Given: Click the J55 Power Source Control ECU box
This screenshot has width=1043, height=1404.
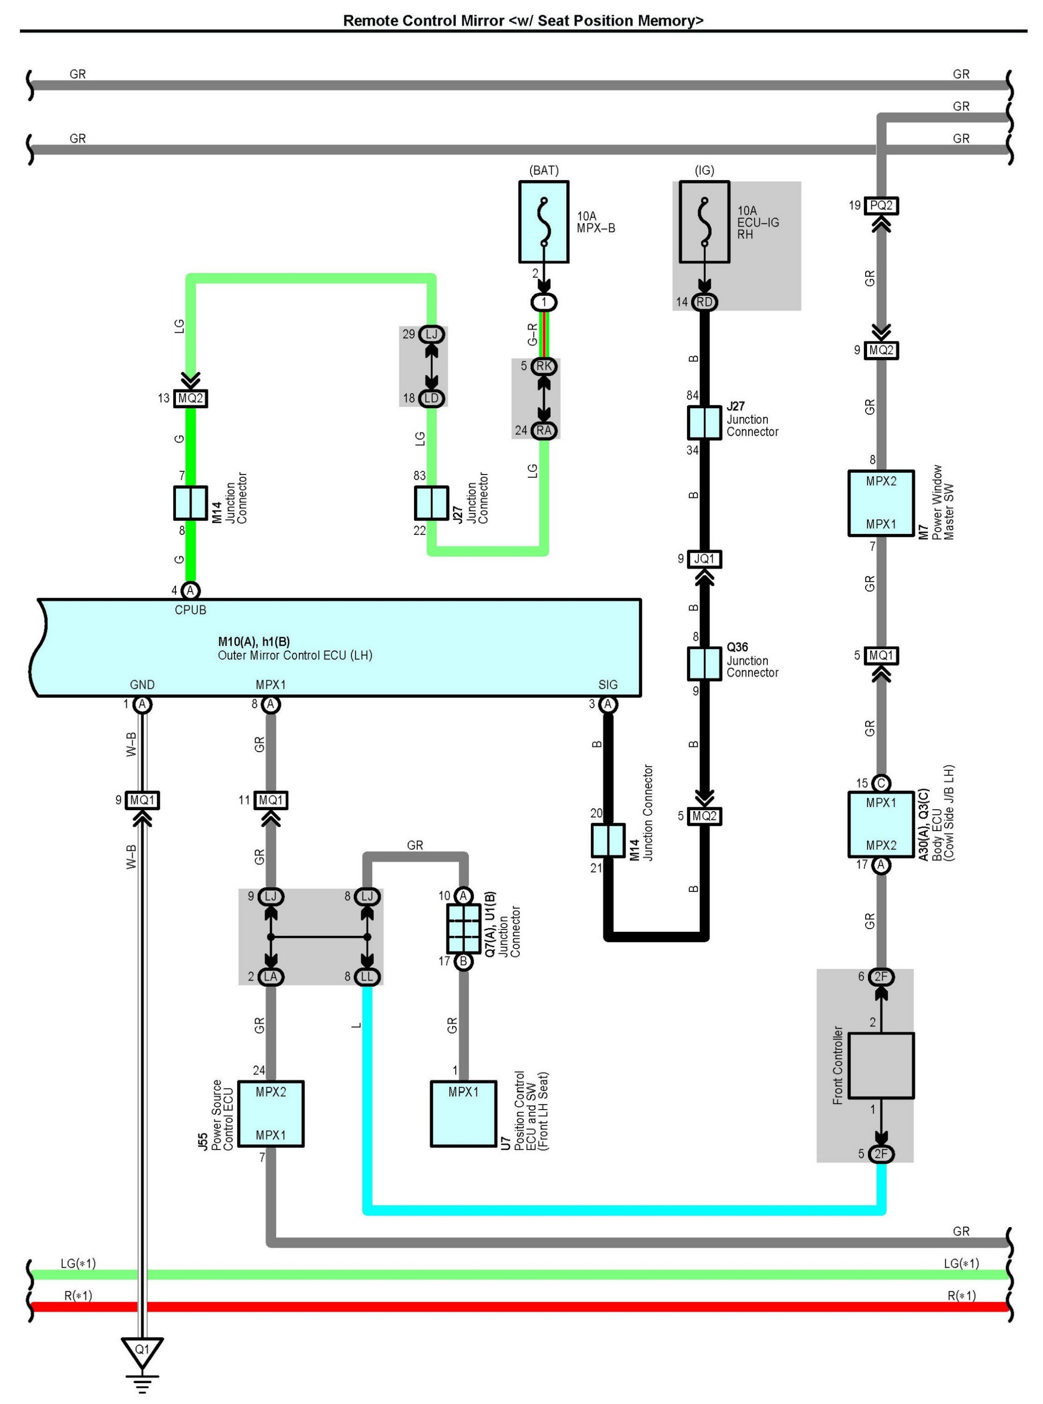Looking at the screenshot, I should pyautogui.click(x=271, y=1113).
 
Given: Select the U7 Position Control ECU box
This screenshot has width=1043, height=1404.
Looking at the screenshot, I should pyautogui.click(x=463, y=1113).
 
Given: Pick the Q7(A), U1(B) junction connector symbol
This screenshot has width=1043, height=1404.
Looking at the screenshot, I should pyautogui.click(x=463, y=929).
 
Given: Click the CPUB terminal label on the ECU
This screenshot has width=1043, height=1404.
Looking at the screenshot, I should pyautogui.click(x=190, y=610).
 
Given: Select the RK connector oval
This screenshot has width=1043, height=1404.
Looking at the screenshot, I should pyautogui.click(x=544, y=366).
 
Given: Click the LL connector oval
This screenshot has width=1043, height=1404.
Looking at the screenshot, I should pyautogui.click(x=367, y=977).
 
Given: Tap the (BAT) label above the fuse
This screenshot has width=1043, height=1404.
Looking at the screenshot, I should pyautogui.click(x=544, y=170).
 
